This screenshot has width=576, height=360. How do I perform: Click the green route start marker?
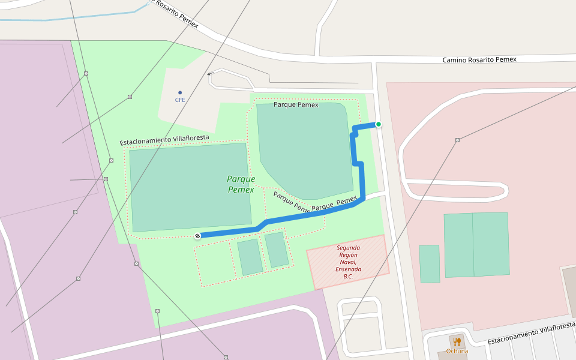379,124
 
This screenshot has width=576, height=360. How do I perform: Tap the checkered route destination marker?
197,235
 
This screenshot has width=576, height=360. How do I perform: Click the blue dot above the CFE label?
180,92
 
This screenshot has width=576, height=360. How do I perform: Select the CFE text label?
180,100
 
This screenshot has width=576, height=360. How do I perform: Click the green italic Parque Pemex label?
241,184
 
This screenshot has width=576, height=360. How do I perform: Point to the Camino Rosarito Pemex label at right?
479,59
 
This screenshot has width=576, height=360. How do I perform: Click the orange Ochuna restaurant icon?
457,341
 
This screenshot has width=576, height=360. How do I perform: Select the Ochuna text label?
457,351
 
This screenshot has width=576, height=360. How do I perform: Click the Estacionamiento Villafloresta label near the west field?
164,140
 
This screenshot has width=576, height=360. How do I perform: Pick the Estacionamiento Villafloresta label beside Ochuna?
531,334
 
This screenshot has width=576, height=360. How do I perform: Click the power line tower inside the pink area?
457,140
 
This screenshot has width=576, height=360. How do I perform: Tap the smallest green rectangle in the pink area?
429,263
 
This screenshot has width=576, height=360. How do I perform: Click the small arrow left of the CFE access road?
209,74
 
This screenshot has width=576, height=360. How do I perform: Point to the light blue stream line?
72,19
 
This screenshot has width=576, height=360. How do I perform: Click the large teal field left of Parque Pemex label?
190,187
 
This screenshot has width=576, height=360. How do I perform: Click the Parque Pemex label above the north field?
296,104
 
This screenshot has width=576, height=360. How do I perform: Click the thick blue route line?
362,180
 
